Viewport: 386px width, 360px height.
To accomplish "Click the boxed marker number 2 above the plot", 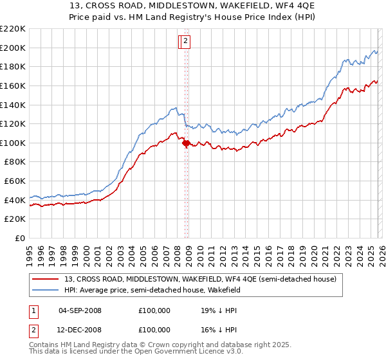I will pyautogui.click(x=185, y=42).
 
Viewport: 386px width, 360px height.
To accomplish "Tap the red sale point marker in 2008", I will pyautogui.click(x=186, y=143).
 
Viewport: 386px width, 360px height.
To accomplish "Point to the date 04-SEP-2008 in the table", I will pyautogui.click(x=80, y=310).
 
